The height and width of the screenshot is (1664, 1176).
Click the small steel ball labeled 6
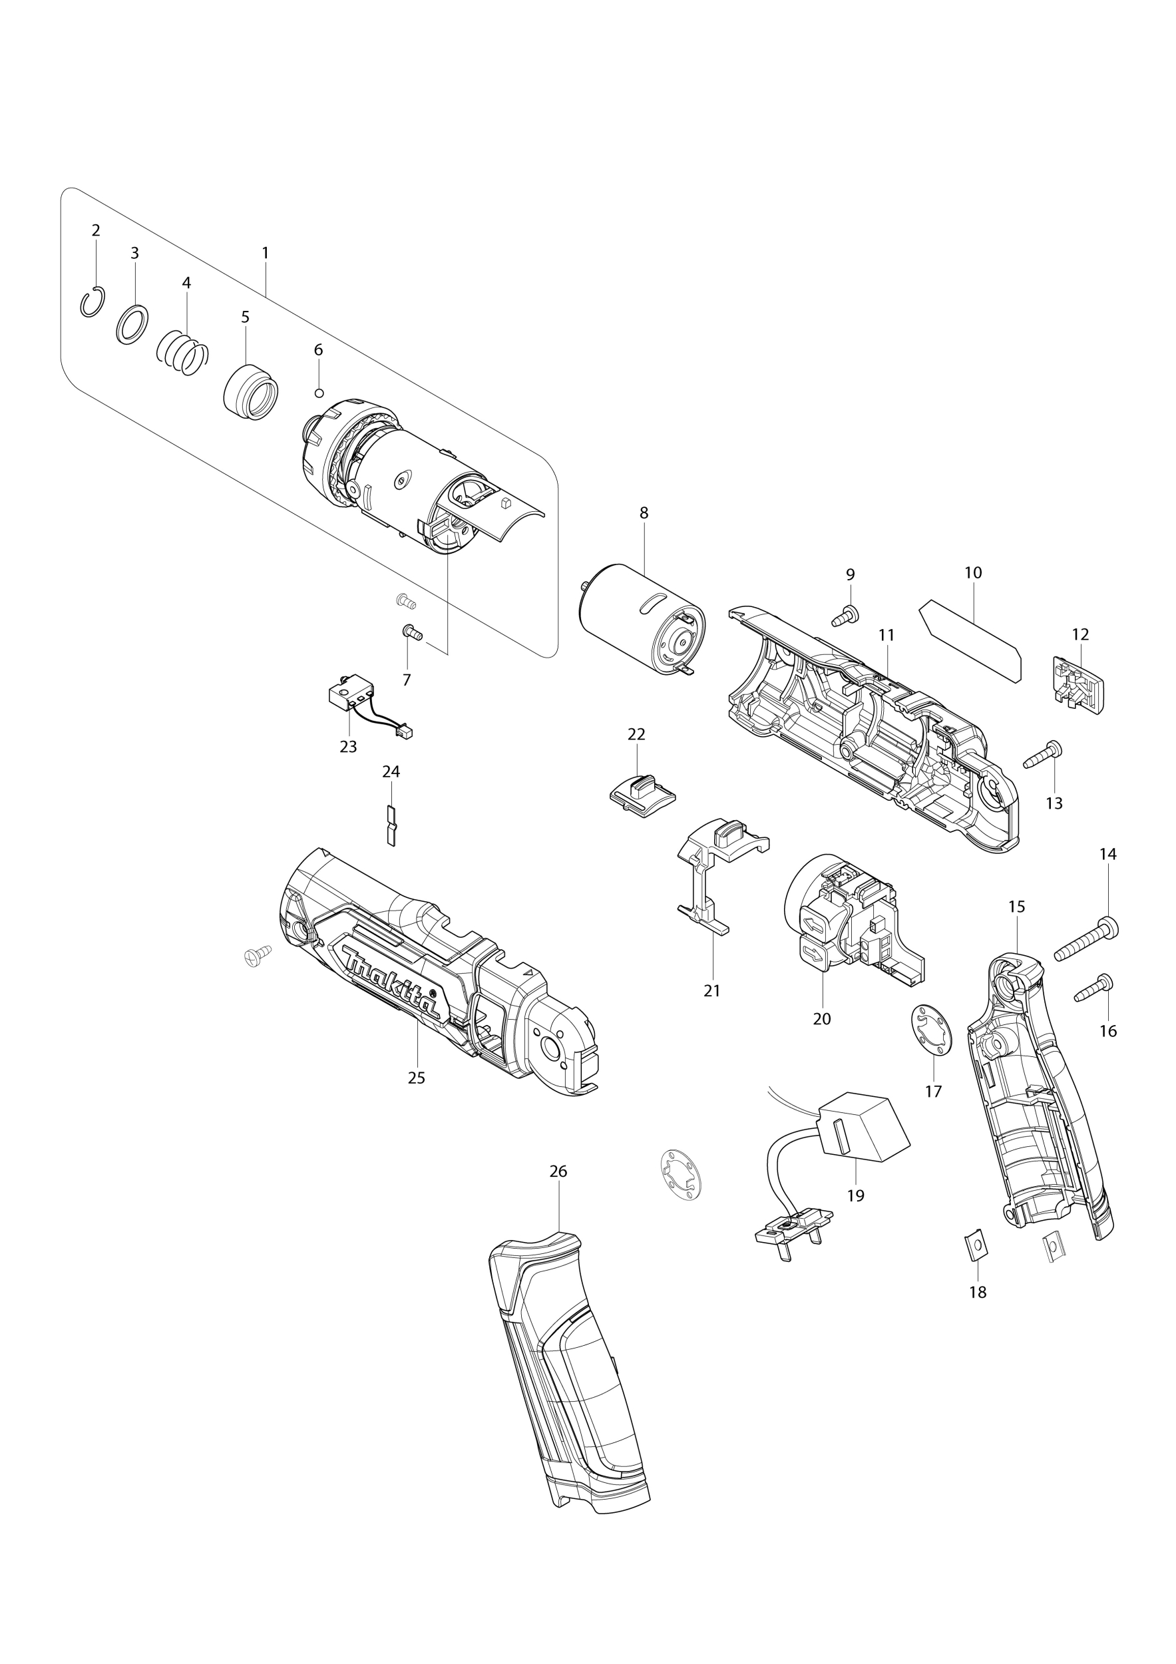(318, 393)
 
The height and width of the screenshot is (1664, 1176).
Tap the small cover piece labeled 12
(1078, 685)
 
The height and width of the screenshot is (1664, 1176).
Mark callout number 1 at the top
(265, 253)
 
